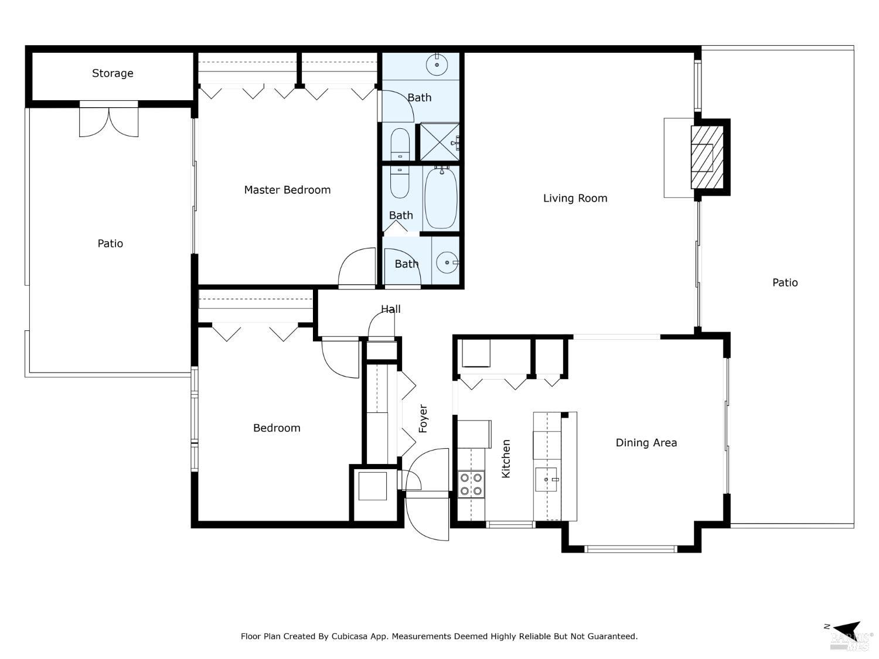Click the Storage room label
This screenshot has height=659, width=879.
[113, 73]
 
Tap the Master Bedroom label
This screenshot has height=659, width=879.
[287, 190]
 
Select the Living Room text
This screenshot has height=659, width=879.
[575, 198]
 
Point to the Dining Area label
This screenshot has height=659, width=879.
[646, 443]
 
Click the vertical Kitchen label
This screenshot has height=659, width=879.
[506, 459]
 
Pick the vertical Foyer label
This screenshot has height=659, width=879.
[423, 419]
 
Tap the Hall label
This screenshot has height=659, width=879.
[391, 309]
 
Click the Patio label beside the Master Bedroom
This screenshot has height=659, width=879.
[110, 243]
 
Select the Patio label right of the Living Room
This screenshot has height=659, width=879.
[785, 282]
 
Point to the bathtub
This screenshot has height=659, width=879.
[441, 198]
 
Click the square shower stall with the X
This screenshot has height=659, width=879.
[439, 142]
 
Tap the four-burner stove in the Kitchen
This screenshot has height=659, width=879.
[471, 484]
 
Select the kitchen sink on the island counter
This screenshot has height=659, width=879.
[548, 482]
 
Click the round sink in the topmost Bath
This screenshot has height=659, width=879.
[437, 64]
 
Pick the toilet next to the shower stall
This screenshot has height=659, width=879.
[400, 144]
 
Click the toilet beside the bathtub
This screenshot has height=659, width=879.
[400, 182]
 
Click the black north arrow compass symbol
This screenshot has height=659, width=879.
[847, 629]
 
